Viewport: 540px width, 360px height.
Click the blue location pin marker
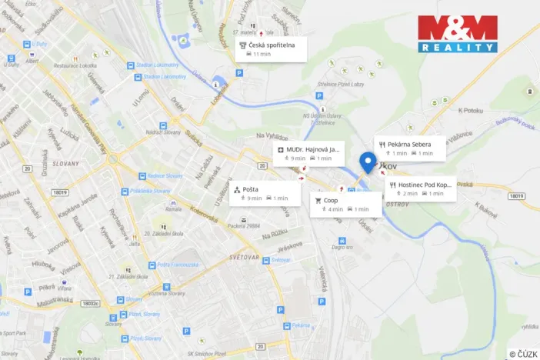(x=367, y=162)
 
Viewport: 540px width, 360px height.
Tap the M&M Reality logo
(x=457, y=34)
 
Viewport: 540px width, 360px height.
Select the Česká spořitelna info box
(x=271, y=49)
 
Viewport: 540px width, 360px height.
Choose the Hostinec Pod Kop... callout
(x=421, y=188)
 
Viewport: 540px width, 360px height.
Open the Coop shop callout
(x=345, y=204)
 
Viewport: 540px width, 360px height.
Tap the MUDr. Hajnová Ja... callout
(x=308, y=153)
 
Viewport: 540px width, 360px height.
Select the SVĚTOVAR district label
(x=249, y=257)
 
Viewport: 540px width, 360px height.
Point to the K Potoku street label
(x=471, y=110)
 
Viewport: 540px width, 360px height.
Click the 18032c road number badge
(x=91, y=304)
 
